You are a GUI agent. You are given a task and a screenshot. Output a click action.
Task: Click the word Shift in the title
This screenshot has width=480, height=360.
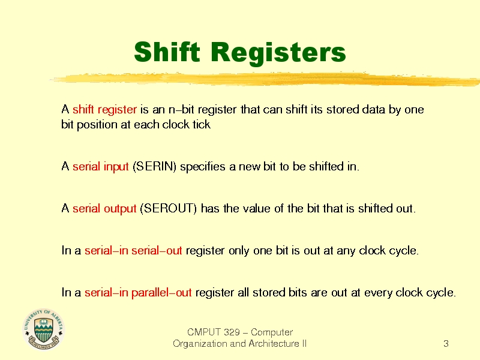tap(167, 52)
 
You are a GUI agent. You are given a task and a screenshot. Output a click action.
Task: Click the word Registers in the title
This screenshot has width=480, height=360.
tap(278, 53)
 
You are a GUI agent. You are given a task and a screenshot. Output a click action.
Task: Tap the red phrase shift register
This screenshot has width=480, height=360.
tap(104, 110)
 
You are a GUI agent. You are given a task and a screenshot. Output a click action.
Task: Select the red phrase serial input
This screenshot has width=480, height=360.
tap(100, 167)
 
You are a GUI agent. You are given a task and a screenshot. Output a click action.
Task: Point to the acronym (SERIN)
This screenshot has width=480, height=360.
tap(154, 167)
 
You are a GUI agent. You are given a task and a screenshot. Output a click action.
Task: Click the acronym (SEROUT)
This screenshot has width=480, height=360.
tap(169, 209)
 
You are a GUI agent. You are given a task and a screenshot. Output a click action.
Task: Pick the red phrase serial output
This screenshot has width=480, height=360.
tap(104, 209)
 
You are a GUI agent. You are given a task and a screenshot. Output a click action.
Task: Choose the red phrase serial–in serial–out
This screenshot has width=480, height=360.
tap(133, 251)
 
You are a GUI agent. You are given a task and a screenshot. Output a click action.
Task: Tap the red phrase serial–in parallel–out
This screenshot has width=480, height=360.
tap(138, 293)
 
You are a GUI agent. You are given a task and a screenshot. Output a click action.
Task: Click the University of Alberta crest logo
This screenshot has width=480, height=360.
tap(43, 329)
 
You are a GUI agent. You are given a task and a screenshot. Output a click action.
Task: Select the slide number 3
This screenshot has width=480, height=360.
tap(446, 344)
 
